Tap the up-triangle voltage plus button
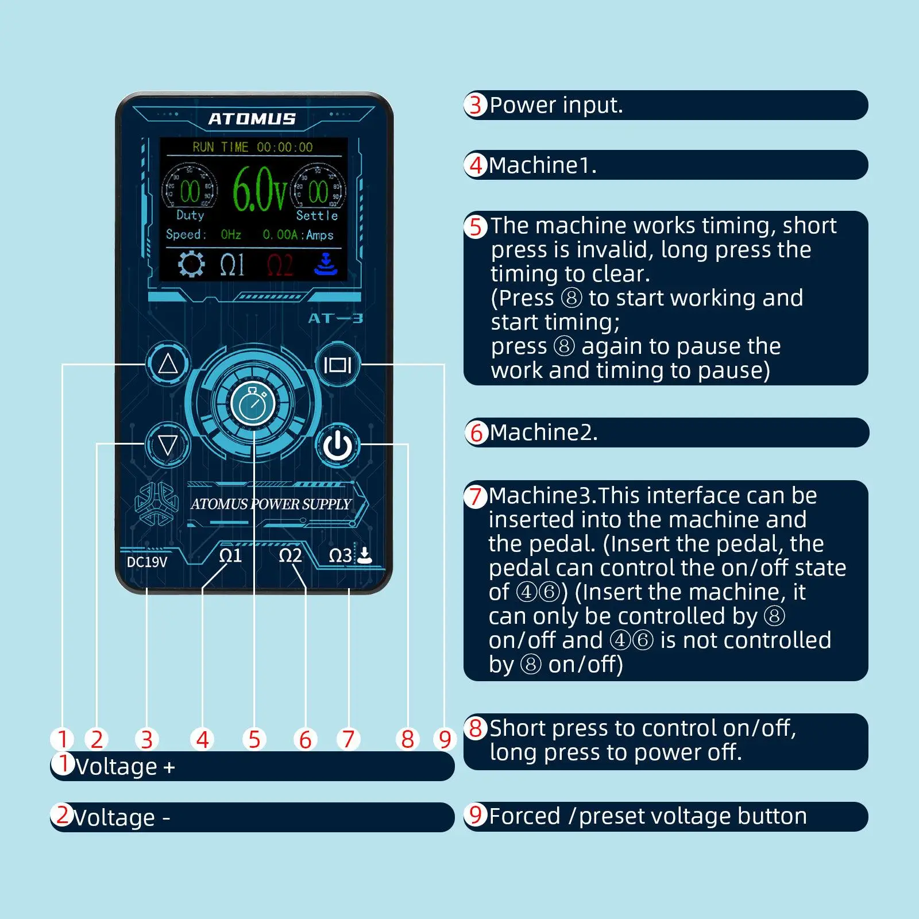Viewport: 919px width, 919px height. [168, 364]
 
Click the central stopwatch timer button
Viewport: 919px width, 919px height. [253, 404]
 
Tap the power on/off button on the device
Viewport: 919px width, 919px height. [338, 445]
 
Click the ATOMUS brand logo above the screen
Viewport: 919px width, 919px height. [252, 119]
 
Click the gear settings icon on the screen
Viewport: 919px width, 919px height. [191, 264]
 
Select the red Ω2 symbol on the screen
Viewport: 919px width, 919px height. [280, 265]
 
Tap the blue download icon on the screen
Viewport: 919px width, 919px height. [326, 264]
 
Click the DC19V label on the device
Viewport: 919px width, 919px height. [147, 562]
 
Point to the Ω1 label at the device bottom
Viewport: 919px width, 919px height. [230, 555]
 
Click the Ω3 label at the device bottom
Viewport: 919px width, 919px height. [340, 555]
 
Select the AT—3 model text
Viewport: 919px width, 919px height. [335, 318]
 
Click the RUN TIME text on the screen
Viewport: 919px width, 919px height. [221, 147]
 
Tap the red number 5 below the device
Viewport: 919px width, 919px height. [254, 739]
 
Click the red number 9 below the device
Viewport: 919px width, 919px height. [445, 739]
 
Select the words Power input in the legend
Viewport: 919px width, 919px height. [556, 105]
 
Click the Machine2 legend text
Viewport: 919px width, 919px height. [543, 433]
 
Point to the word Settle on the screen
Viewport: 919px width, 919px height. [316, 215]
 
